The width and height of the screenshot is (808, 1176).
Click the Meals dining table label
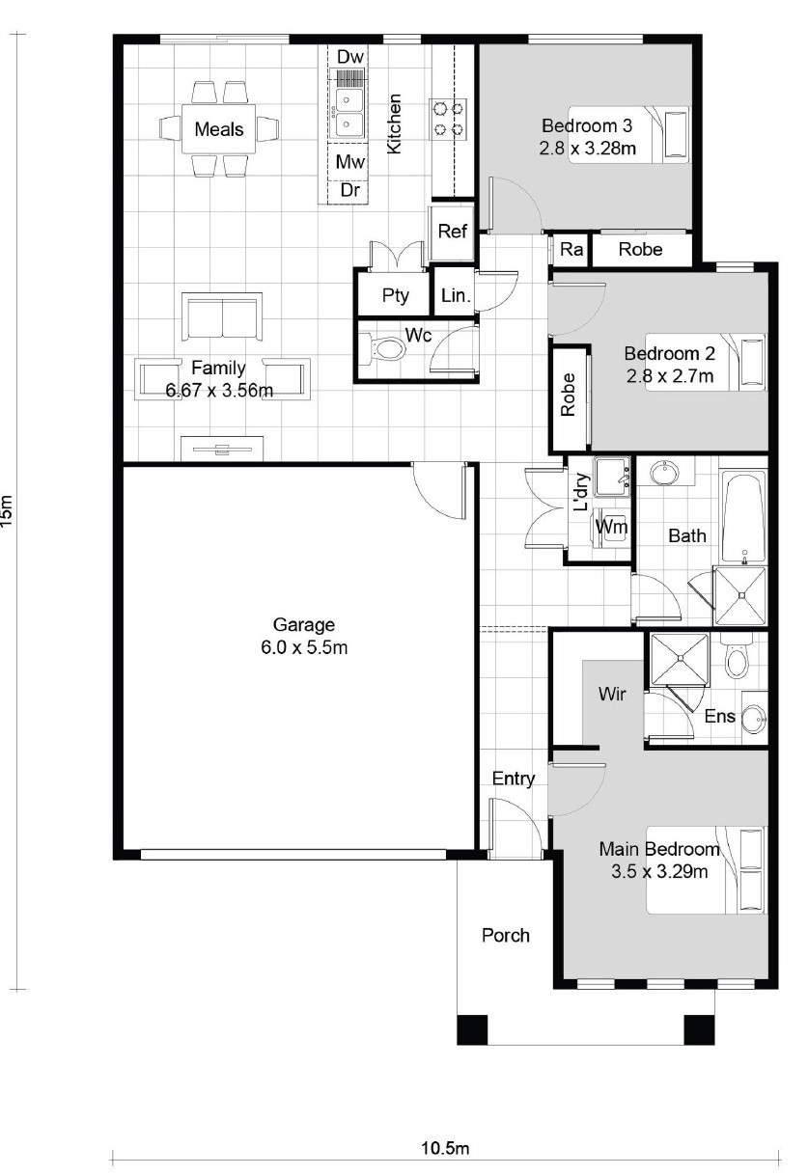[219, 129]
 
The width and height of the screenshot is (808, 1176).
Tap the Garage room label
[304, 625]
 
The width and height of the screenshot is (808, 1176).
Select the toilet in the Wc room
[388, 347]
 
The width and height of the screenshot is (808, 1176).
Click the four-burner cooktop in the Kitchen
[449, 120]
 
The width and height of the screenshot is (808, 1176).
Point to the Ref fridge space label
[453, 231]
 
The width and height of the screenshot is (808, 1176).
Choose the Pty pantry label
[395, 296]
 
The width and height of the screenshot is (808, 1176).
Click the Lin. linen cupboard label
[456, 295]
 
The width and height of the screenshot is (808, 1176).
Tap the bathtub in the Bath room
[743, 515]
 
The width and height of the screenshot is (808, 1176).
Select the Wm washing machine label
[611, 527]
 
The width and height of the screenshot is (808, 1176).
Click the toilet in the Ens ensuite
[736, 656]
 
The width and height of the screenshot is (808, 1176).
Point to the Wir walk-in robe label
[612, 694]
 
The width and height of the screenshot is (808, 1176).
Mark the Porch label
[506, 935]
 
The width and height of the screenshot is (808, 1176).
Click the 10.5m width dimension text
[445, 1148]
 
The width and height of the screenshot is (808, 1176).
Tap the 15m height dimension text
[7, 511]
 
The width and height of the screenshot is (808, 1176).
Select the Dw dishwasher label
[349, 57]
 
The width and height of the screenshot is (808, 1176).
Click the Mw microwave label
[349, 162]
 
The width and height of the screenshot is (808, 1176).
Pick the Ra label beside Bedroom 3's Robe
[571, 249]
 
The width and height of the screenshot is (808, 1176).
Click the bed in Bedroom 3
[629, 135]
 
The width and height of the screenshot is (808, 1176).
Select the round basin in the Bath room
[663, 472]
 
